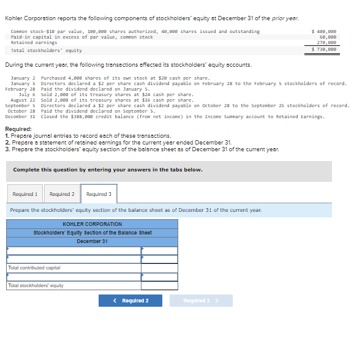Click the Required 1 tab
tap(25, 194)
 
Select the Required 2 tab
tap(62, 194)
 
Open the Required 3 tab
tap(99, 194)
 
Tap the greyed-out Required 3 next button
tap(200, 301)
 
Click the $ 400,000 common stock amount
tap(325, 31)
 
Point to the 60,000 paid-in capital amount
tap(328, 37)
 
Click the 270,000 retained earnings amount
tap(326, 42)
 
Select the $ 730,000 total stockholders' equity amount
tap(325, 49)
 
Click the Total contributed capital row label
tap(34, 268)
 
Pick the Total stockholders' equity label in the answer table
tap(36, 285)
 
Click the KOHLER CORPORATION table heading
tap(92, 224)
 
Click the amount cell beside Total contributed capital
tap(159, 268)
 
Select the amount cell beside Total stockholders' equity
tap(159, 285)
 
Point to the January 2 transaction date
tap(23, 78)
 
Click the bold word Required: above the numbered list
tap(19, 129)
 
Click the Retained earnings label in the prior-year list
tap(34, 42)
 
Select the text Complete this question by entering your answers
tap(108, 170)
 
